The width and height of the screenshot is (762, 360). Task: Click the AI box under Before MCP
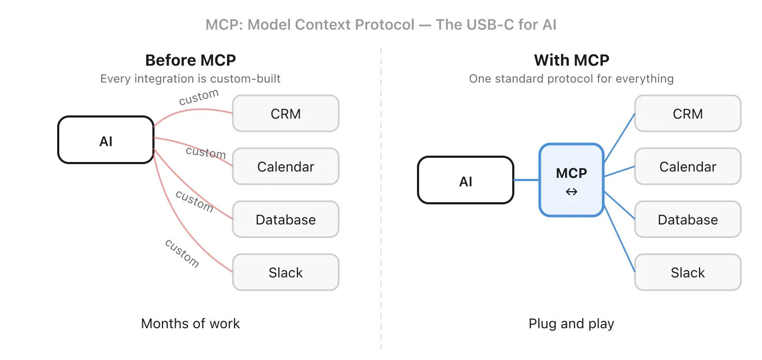(x=106, y=140)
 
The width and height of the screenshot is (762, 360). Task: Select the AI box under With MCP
(x=466, y=181)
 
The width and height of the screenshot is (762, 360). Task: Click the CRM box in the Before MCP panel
(x=286, y=114)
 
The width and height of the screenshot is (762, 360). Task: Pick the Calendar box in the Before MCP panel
(x=286, y=167)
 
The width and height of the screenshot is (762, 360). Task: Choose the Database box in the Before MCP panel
(x=286, y=220)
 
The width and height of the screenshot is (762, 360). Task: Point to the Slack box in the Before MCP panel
(x=286, y=273)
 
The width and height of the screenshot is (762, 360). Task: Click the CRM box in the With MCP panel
(x=688, y=114)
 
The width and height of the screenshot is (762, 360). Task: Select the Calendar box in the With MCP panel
(x=688, y=167)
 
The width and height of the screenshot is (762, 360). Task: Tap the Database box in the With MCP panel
(x=688, y=220)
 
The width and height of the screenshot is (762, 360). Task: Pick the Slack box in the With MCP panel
(x=688, y=273)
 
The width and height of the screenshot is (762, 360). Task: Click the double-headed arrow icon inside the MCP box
(x=571, y=192)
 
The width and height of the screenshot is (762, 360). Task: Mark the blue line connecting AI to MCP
(x=527, y=181)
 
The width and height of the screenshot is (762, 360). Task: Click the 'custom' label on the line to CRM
(x=198, y=97)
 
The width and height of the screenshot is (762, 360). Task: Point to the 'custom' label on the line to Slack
(x=182, y=253)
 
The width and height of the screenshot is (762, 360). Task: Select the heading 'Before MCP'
(x=190, y=60)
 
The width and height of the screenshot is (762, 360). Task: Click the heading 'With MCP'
(x=571, y=60)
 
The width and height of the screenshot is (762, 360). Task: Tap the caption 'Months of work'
(x=190, y=323)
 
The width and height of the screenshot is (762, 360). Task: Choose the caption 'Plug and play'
(x=571, y=323)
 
